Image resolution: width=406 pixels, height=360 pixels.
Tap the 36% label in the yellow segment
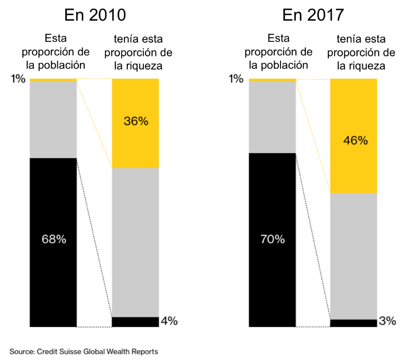point(136,121)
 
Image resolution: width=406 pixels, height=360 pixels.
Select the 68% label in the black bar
point(53,239)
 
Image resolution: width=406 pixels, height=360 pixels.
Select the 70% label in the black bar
point(273,239)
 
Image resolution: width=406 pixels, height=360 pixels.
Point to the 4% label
point(169,321)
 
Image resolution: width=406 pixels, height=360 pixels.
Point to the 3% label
point(388,321)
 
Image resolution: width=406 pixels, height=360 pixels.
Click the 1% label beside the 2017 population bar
point(236,79)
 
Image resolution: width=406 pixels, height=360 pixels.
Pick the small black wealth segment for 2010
point(136,322)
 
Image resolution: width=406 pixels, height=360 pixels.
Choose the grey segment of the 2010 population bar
point(53,120)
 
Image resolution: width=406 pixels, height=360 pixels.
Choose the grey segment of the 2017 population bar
point(273,117)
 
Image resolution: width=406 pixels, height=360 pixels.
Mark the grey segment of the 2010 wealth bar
point(136,242)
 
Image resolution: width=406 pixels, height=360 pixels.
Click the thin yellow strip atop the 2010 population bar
point(53,80)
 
